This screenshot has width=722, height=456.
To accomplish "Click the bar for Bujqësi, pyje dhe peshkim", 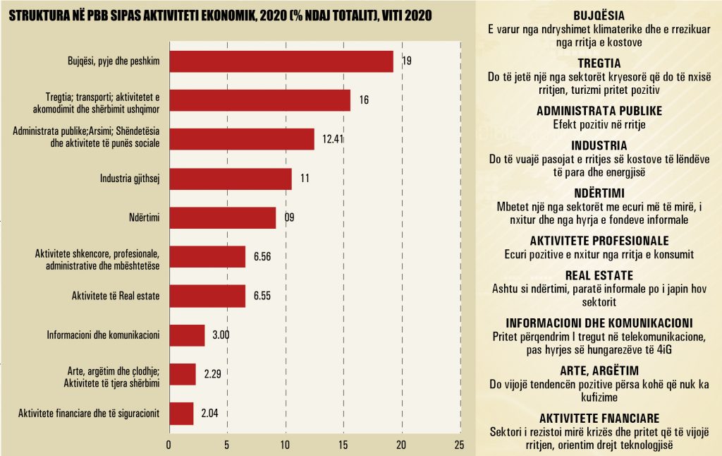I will point(281,61).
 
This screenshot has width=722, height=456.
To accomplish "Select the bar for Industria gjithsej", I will point(230,179).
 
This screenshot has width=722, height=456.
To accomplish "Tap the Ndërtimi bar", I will point(222,217).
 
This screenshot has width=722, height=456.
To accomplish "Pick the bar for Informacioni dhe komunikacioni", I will point(187,335).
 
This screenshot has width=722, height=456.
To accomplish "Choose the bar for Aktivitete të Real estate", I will point(207,296).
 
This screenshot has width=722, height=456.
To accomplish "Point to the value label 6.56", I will point(262,256).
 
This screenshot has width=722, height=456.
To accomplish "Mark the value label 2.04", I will point(209,414).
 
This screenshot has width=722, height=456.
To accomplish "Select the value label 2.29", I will point(212,374).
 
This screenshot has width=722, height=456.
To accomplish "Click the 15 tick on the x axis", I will point(343,445).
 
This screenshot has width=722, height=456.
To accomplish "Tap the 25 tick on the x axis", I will point(460,445).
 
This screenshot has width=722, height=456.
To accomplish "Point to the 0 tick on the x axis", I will point(169,445).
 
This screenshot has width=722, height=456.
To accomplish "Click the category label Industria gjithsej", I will point(130,179).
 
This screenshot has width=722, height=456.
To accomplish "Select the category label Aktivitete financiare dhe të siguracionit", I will point(89,414).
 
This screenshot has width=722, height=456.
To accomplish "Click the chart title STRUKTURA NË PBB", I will point(219,15).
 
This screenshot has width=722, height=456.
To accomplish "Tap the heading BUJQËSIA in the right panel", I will point(599,16).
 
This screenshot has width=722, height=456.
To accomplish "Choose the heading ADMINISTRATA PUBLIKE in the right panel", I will point(599,112).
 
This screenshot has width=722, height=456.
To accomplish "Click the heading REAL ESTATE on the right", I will point(599,275).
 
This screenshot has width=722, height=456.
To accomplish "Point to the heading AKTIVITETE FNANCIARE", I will point(599,418).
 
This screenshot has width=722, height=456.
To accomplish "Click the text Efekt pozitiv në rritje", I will point(599,124).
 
